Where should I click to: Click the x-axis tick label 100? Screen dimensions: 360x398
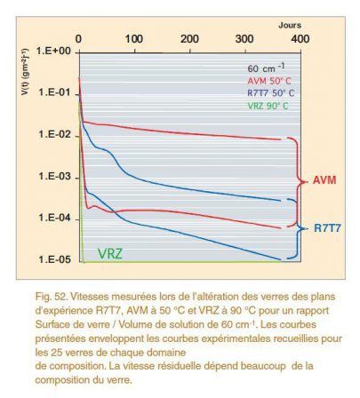tap(133, 39)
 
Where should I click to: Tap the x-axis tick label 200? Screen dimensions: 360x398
tap(189, 39)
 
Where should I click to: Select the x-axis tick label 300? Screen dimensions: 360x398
tap(244, 39)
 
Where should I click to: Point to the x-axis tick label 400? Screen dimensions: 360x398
tap(300, 39)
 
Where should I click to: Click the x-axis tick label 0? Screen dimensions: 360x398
tap(78, 39)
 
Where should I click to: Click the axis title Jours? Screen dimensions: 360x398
tap(290, 25)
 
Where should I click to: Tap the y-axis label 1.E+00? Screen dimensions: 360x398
tap(53, 51)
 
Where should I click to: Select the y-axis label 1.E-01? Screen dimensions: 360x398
tap(55, 92)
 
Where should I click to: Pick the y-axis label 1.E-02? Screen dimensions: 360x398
tap(55, 134)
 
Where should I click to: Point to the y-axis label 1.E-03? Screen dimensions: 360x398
tap(55, 177)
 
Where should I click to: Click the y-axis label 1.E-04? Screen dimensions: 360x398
tap(55, 219)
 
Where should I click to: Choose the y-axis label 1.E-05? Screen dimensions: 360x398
tap(55, 259)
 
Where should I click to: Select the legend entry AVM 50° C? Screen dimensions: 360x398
tap(269, 81)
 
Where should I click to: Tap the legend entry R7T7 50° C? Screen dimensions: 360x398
tap(270, 93)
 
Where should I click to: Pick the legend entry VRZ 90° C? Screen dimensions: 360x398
tap(268, 106)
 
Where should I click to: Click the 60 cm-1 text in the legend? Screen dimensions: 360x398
tap(266, 68)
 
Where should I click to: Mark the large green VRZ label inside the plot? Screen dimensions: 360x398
tap(110, 254)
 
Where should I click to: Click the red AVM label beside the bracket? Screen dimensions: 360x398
tap(324, 180)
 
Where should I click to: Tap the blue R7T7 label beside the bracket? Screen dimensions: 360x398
tap(327, 228)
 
